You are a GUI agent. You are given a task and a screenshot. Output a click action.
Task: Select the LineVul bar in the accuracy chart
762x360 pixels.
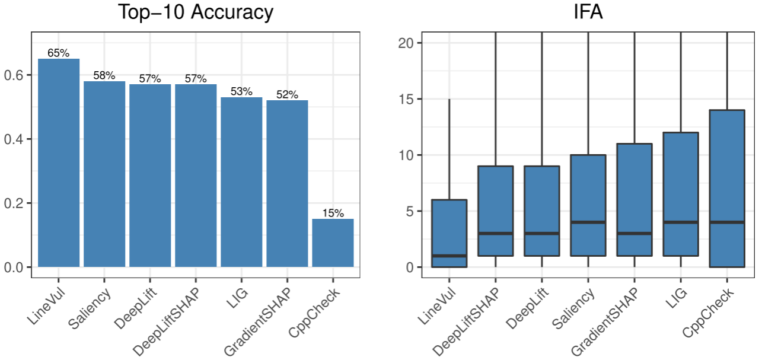pos(59,163)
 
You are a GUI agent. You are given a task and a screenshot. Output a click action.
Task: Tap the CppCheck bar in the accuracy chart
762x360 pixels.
pos(333,243)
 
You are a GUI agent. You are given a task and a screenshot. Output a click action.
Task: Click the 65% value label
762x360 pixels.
pos(59,53)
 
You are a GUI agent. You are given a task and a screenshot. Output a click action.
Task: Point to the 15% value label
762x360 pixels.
pos(333,214)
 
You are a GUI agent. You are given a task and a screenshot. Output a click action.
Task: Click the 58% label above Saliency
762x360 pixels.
pos(104,76)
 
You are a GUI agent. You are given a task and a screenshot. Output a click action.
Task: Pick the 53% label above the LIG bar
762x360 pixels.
pos(241,92)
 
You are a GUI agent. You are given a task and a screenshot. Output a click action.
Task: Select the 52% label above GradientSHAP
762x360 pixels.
pos(287,95)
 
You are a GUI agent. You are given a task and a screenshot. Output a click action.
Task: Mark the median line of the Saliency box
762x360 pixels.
pos(588,222)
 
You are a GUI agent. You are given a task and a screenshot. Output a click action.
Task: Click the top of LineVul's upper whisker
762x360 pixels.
pos(449,99)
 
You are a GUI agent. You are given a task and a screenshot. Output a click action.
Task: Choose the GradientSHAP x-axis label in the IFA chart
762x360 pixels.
pos(605,320)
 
